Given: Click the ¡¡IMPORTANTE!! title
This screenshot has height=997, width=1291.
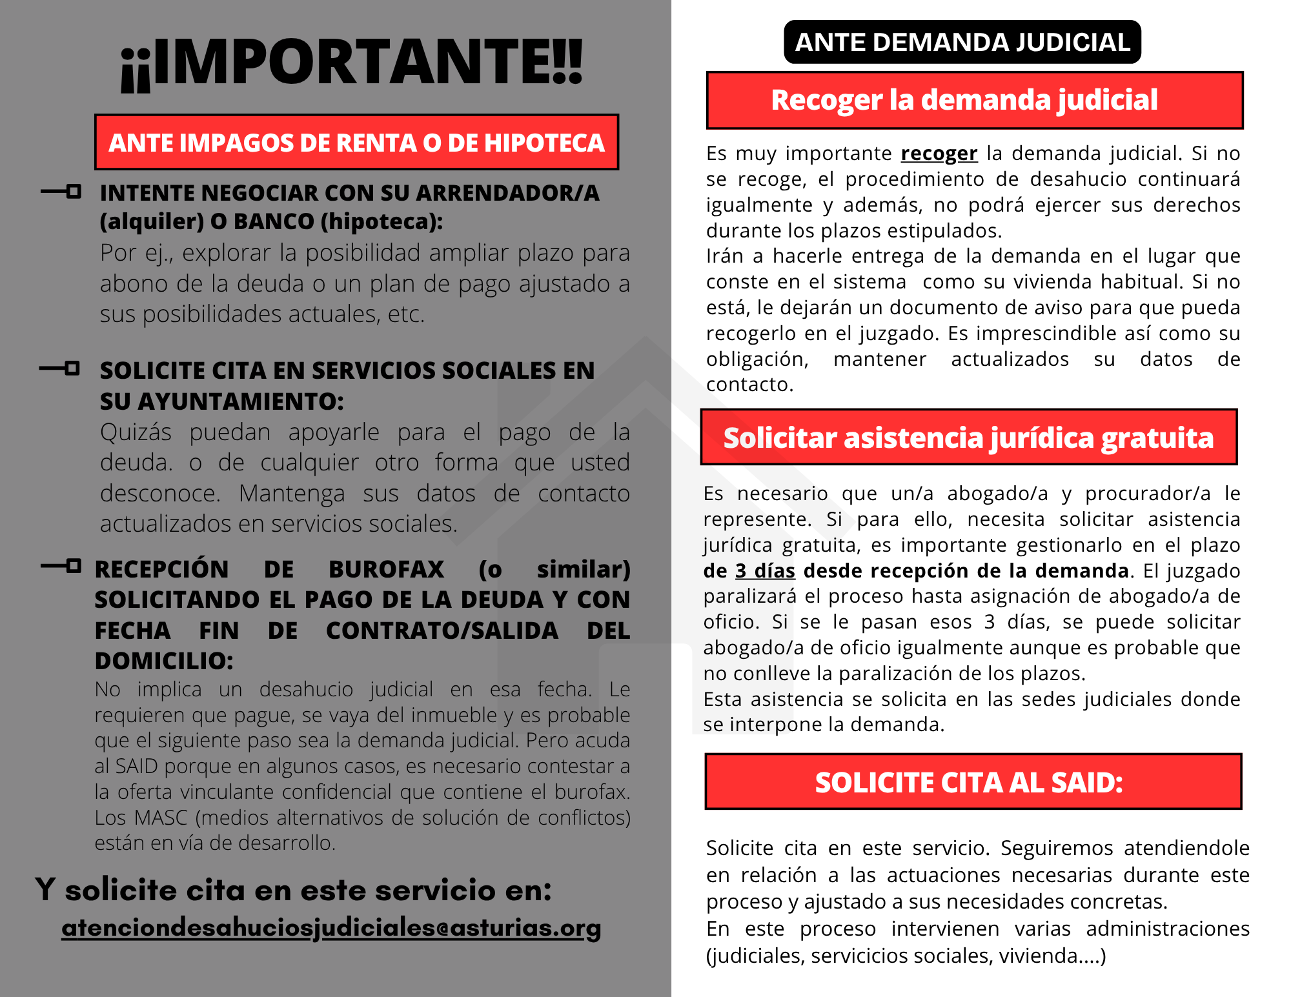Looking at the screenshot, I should (352, 63).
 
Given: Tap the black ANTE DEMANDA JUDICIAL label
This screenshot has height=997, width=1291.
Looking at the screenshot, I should (962, 43).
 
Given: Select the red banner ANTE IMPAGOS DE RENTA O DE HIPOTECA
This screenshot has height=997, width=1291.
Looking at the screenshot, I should (356, 143).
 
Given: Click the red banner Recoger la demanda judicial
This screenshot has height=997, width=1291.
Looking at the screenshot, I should (975, 101).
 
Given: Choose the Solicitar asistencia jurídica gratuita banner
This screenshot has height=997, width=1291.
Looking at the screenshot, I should (968, 438).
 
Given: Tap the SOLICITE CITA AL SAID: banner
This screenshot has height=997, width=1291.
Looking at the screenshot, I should (973, 781).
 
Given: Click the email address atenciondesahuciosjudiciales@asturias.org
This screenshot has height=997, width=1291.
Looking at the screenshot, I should (331, 928).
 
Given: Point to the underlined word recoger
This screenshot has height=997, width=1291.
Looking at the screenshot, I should (939, 154).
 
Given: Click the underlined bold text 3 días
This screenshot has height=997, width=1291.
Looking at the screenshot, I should (765, 570).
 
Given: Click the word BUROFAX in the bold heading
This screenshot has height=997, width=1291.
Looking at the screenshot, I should (386, 569).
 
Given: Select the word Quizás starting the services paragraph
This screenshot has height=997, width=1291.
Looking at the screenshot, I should (136, 432).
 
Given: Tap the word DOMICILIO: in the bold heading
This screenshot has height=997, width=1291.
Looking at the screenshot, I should (164, 661).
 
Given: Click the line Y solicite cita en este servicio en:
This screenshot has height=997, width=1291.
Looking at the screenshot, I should (294, 890).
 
